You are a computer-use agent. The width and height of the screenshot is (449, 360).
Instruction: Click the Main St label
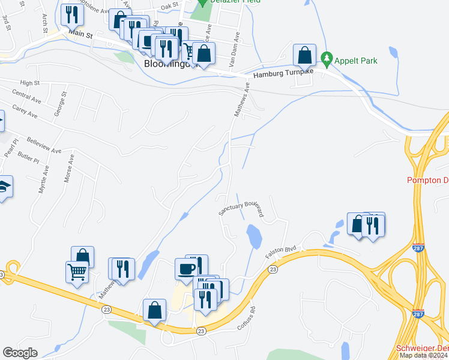(81, 35)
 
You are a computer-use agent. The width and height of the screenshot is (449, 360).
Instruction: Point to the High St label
(29, 83)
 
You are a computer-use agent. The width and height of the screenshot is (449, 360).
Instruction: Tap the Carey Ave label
(25, 112)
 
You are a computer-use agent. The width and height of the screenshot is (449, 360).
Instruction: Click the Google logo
(20, 353)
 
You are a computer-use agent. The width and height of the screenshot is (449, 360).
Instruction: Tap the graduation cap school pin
(4, 187)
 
